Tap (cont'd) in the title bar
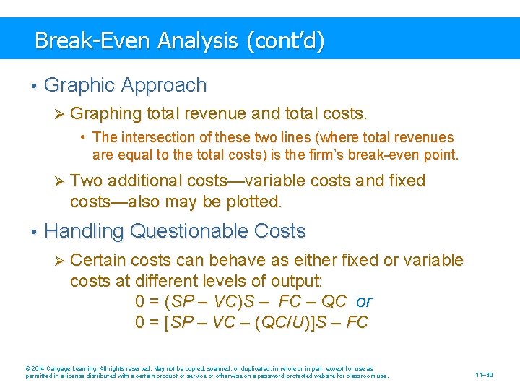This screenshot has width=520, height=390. (x=285, y=40)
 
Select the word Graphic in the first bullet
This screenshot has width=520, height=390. (x=81, y=85)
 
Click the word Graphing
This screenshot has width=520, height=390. (x=106, y=114)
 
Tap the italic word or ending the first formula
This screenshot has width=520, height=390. (x=364, y=301)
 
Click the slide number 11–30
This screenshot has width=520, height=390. (x=484, y=375)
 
